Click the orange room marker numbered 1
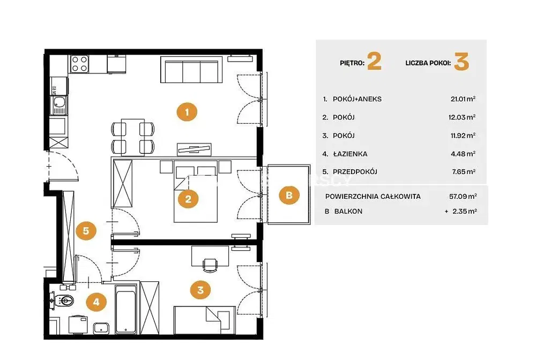187,111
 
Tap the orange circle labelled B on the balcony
289,195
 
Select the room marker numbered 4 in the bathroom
96,302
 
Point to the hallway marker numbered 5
86,230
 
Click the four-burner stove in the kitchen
80,64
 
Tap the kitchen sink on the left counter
59,105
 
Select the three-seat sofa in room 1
191,70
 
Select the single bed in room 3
204,320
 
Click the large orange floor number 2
374,62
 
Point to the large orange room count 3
461,62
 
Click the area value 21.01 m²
463,99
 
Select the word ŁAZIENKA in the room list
350,154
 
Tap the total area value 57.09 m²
463,197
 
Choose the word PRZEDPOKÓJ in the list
355,172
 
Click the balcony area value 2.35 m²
465,212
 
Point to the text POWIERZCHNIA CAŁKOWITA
373,197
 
